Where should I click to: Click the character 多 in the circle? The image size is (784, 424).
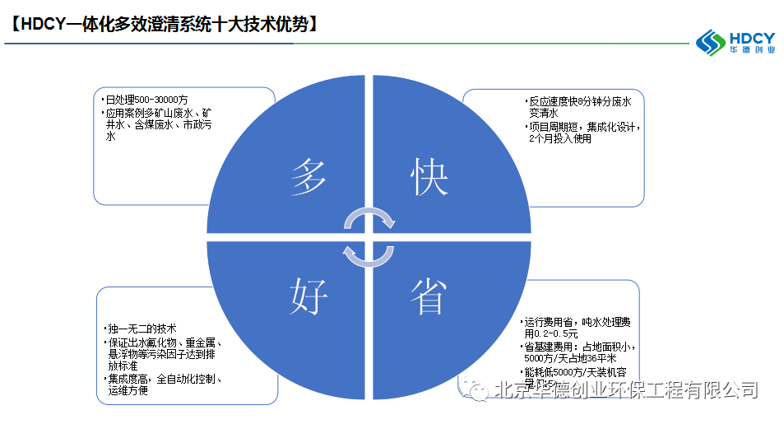pyautogui.click(x=310, y=177)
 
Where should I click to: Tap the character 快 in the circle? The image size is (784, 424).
pyautogui.click(x=429, y=177)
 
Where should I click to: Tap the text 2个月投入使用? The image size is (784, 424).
pyautogui.click(x=561, y=138)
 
